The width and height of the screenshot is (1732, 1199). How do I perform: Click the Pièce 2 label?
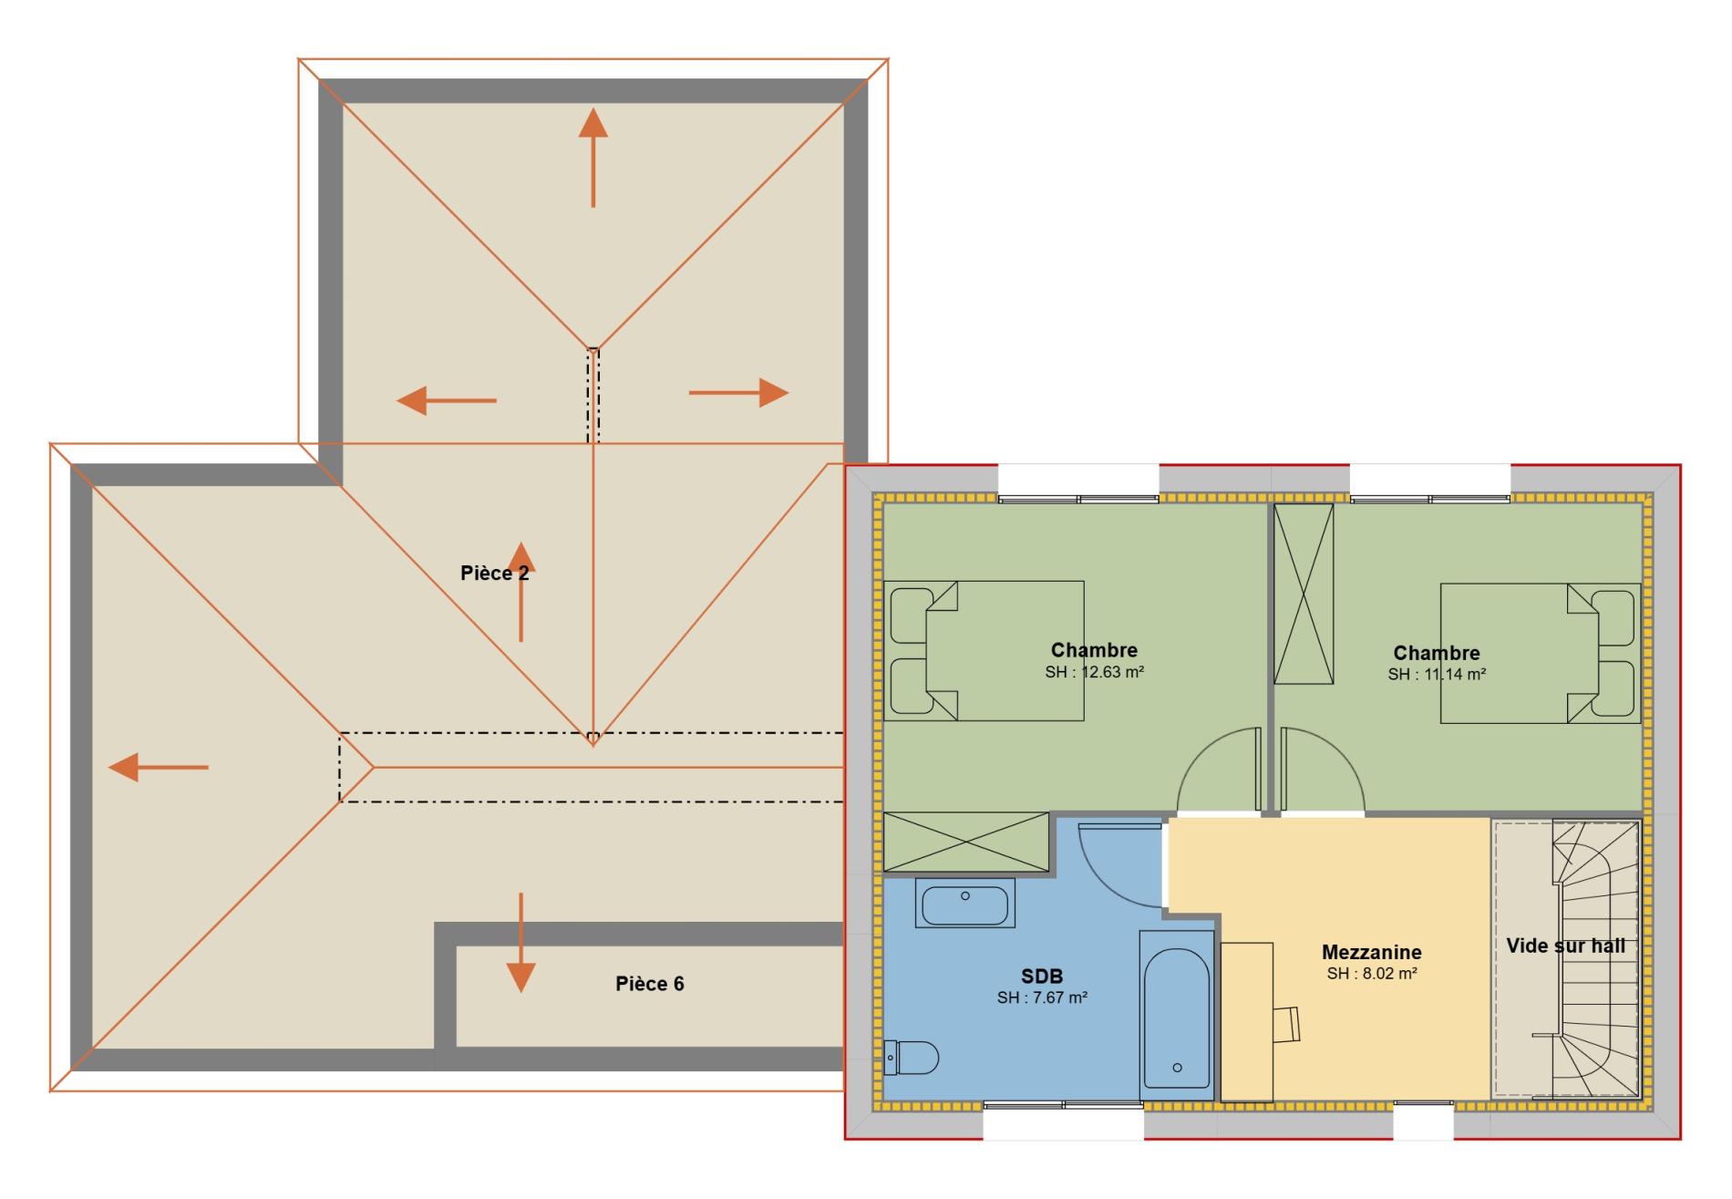coord(494,574)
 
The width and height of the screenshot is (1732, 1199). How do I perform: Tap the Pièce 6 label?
coord(649,984)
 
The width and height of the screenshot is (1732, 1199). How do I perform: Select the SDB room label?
coord(1041,977)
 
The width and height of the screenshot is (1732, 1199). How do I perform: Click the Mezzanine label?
coord(1371,953)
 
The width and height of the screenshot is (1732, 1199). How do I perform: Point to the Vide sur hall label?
coord(1565,946)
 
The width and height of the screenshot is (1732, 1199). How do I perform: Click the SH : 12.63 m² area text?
coord(1094,673)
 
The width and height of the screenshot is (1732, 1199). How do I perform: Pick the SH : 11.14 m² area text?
coord(1437,676)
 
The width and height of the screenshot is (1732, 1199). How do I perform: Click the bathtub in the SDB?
coord(1177,1022)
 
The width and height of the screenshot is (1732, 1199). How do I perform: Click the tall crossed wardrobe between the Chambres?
coord(1303,594)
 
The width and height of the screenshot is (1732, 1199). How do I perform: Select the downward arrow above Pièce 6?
coord(521,944)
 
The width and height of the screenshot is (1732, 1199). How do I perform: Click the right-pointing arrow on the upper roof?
coord(738,393)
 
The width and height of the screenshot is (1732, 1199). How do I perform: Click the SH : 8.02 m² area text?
coord(1371,975)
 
